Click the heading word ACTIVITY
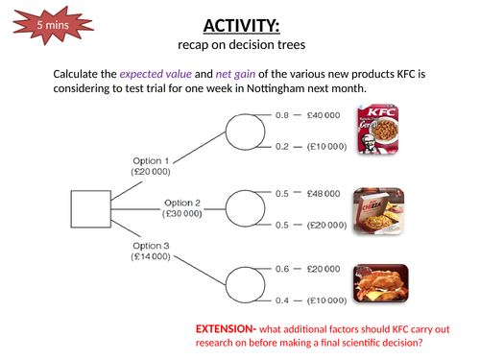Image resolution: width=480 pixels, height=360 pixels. tap(240, 25)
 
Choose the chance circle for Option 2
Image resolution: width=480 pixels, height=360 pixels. tap(246, 207)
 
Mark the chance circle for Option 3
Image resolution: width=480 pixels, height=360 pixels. tap(246, 279)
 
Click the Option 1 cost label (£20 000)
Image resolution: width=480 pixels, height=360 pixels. tap(151, 170)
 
